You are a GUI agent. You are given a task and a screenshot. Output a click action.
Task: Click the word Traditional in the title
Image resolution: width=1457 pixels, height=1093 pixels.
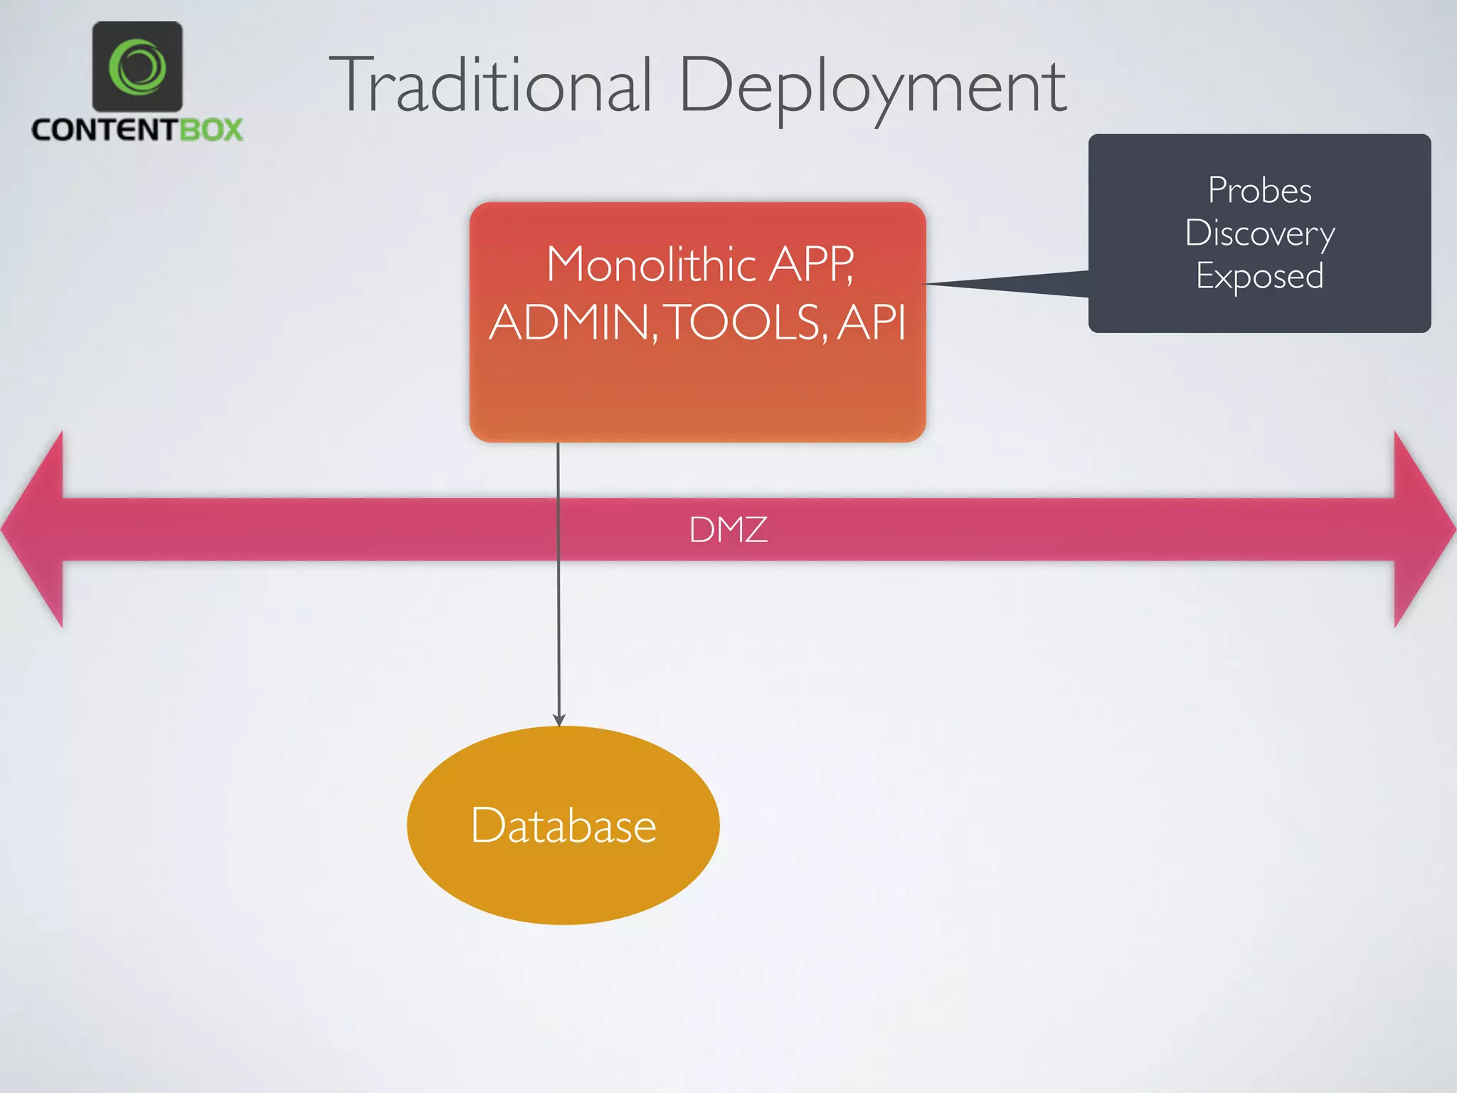[x=489, y=85]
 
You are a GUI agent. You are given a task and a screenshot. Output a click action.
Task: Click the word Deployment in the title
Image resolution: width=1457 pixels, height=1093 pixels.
[x=873, y=87]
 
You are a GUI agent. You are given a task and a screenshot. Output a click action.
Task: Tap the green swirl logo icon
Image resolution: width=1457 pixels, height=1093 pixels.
[x=137, y=67]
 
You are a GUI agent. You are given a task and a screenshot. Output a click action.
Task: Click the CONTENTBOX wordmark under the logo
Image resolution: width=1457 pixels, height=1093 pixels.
[x=137, y=130]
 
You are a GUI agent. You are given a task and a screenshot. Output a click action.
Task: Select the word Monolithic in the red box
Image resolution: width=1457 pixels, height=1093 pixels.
[x=651, y=265]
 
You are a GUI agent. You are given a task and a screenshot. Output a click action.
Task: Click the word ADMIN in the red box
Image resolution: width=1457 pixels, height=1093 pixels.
[x=569, y=322]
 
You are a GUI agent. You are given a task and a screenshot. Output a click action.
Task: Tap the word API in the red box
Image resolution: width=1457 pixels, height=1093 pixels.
[x=871, y=322]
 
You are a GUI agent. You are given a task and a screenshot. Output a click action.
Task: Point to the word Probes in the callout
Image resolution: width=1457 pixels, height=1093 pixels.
[x=1259, y=190]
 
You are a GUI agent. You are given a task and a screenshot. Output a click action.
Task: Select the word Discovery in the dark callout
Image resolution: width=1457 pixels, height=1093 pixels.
[x=1259, y=234]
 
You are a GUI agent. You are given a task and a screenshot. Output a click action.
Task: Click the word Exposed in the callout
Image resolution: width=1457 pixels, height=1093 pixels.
[x=1259, y=276]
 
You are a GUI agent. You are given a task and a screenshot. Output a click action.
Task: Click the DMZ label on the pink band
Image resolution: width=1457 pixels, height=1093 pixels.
[x=728, y=529]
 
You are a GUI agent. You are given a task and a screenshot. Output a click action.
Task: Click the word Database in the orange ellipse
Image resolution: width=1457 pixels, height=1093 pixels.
[x=563, y=825]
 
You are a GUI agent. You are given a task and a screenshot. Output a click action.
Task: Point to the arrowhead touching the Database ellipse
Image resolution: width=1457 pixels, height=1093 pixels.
[x=559, y=719]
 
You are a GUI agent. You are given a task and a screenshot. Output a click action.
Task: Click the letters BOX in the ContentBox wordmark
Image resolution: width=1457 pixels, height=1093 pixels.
[x=211, y=130]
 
